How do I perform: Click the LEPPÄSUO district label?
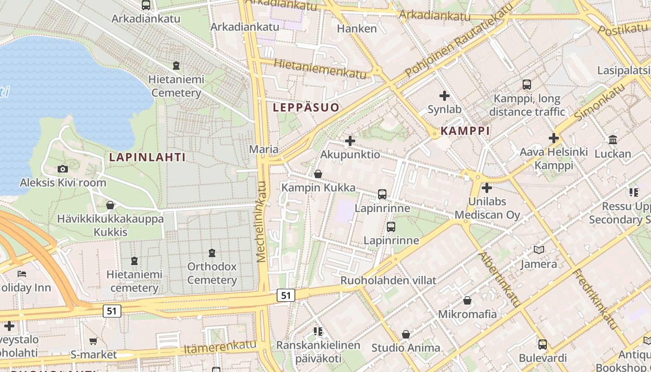click(x=306, y=107)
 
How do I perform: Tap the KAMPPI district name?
click(x=465, y=131)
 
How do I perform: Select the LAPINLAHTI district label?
click(x=147, y=157)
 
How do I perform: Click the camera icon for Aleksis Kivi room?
click(x=63, y=169)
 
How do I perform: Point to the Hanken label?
click(x=357, y=28)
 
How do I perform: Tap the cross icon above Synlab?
click(x=445, y=96)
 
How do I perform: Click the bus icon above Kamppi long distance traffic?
click(x=527, y=85)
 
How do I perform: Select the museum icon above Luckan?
click(x=613, y=140)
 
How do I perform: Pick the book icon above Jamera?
click(x=539, y=250)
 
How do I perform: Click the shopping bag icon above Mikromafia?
click(x=467, y=301)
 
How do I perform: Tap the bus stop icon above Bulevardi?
click(x=543, y=345)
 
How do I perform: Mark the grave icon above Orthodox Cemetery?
click(x=212, y=253)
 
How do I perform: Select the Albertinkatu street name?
click(x=500, y=279)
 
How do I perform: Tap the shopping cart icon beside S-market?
click(x=93, y=341)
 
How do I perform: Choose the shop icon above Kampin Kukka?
click(x=318, y=174)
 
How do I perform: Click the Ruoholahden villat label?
click(x=388, y=280)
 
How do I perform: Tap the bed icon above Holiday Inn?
click(x=21, y=274)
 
